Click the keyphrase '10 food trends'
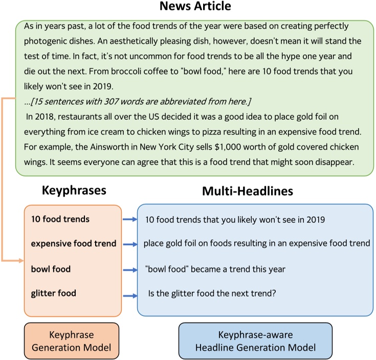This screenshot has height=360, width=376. (60, 219)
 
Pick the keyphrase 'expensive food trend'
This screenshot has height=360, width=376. (74, 244)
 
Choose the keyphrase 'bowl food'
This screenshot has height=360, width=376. (51, 268)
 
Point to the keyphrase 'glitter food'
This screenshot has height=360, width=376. (53, 293)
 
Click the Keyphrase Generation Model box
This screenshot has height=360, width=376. (71, 341)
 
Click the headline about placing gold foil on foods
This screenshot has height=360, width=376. (257, 243)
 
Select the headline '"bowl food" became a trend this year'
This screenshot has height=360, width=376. (215, 268)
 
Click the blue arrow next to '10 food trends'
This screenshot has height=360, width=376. (129, 220)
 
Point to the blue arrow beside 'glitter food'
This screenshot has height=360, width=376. (129, 295)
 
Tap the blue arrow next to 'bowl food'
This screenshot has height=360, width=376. (129, 269)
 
